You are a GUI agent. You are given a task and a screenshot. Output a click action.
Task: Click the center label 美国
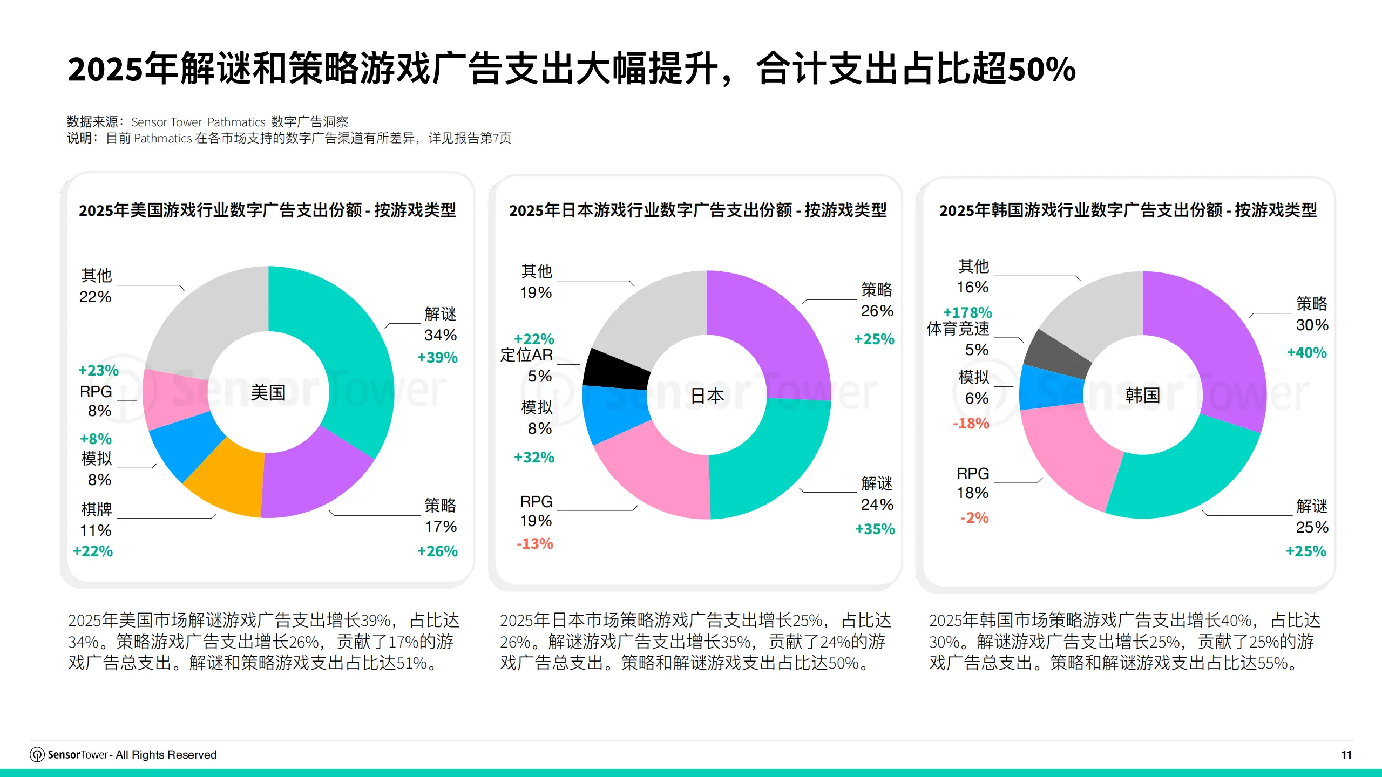pyautogui.click(x=268, y=393)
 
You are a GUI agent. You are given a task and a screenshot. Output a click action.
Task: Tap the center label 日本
pyautogui.click(x=707, y=396)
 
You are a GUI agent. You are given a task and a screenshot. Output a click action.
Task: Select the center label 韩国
pyautogui.click(x=1143, y=396)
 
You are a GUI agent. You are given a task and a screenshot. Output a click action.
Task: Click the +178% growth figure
pyautogui.click(x=967, y=312)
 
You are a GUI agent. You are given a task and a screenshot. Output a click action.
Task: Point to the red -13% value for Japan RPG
pyautogui.click(x=535, y=543)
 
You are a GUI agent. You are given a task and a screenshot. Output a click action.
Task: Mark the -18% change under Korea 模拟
pyautogui.click(x=971, y=423)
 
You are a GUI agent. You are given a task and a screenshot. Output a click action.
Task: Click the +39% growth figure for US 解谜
pyautogui.click(x=437, y=357)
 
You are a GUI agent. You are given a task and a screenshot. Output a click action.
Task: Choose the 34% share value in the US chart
pyautogui.click(x=441, y=335)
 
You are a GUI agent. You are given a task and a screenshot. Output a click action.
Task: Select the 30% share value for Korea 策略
pyautogui.click(x=1312, y=325)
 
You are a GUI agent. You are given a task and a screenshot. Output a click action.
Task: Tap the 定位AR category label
pyautogui.click(x=526, y=355)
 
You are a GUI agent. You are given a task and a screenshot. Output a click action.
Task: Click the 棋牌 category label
pyautogui.click(x=97, y=509)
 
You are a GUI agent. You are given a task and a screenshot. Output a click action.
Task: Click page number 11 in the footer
pyautogui.click(x=1346, y=755)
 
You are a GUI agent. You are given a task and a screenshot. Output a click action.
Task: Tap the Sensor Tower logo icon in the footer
pyautogui.click(x=37, y=755)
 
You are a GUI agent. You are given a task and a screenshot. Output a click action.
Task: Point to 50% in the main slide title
pyautogui.click(x=1042, y=69)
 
